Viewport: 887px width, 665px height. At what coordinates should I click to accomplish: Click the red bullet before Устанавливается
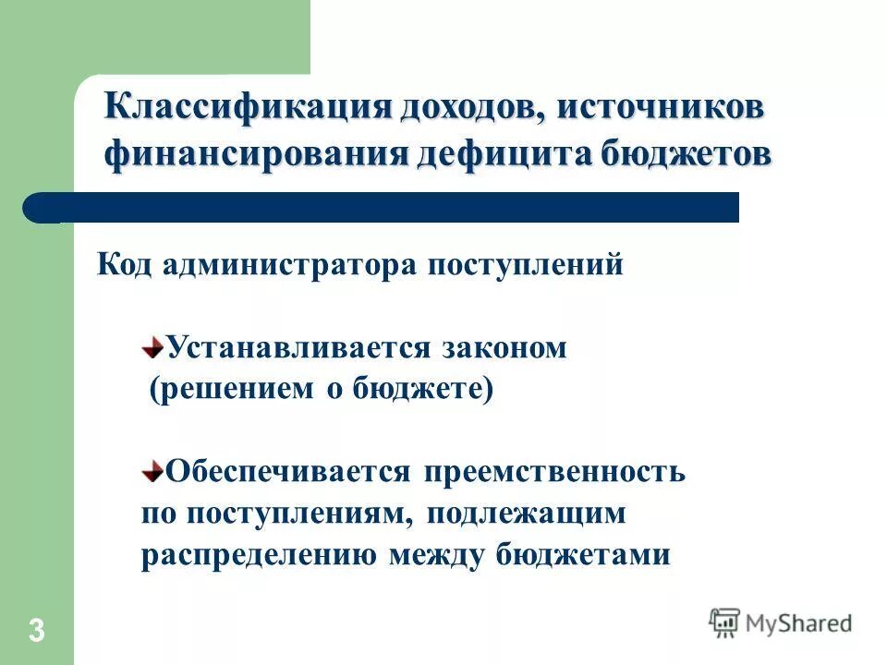pyautogui.click(x=152, y=348)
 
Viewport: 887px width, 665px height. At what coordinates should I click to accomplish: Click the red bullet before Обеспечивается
pyautogui.click(x=152, y=470)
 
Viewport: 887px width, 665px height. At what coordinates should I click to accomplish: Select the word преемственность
pyautogui.click(x=554, y=472)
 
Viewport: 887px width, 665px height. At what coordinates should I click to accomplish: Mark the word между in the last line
pyautogui.click(x=434, y=556)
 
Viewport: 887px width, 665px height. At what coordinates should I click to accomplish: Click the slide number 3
pyautogui.click(x=36, y=632)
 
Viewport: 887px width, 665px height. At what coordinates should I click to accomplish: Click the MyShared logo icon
pyautogui.click(x=724, y=623)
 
